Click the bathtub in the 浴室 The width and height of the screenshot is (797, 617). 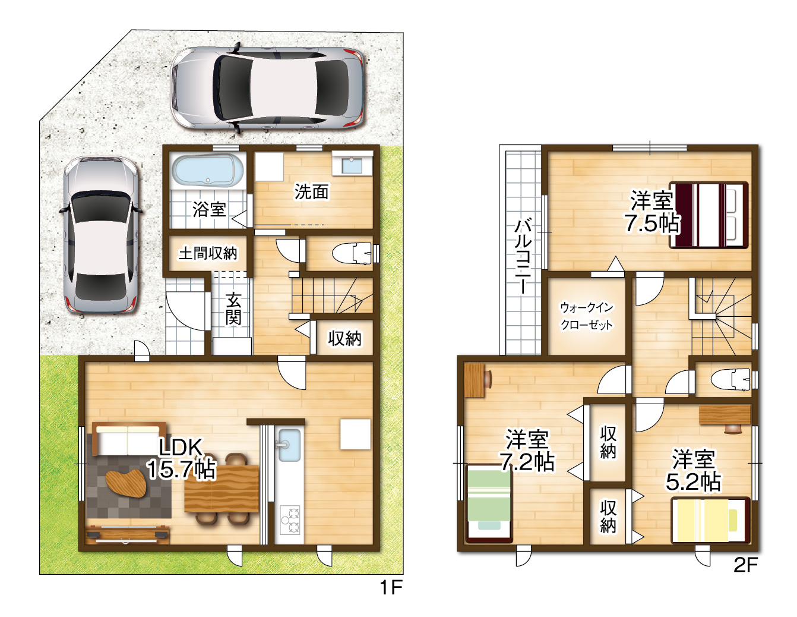tap(208, 171)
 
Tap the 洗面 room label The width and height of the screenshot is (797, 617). tap(311, 191)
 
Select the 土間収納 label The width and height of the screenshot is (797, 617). tap(208, 253)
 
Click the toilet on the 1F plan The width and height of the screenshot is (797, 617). tap(352, 253)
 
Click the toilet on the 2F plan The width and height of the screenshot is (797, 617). tap(730, 379)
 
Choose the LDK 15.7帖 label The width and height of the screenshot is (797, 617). tap(181, 458)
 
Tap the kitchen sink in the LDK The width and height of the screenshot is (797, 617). tap(289, 445)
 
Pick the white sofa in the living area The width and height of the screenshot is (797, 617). tap(129, 439)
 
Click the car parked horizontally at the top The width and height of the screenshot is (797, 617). tap(268, 87)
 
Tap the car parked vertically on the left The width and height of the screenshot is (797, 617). tap(101, 235)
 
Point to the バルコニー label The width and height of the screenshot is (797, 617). tap(523, 256)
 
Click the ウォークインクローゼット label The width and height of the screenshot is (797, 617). tap(587, 316)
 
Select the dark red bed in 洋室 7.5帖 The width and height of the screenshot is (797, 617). tap(709, 215)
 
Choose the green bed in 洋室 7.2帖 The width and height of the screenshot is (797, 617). tap(489, 503)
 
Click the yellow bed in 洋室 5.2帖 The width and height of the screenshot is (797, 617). tap(710, 520)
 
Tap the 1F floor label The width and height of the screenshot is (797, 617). tap(391, 587)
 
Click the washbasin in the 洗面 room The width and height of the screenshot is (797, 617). tap(352, 163)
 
